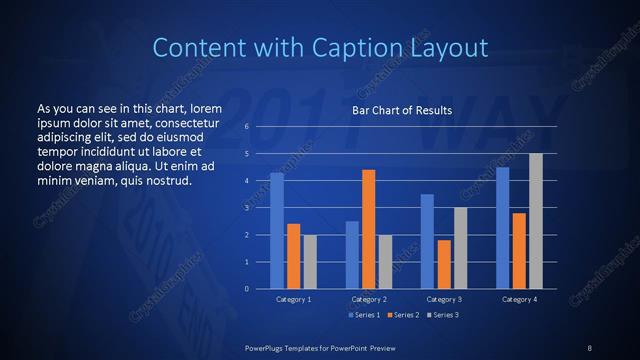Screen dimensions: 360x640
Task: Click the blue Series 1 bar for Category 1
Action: tap(277, 231)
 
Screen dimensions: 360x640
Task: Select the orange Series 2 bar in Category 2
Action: tap(369, 229)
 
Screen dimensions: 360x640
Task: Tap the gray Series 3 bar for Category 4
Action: tap(535, 221)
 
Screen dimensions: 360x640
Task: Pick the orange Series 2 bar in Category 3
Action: tap(444, 264)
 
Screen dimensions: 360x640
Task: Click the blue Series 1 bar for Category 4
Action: tap(502, 228)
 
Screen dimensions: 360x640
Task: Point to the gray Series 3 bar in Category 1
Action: tap(310, 262)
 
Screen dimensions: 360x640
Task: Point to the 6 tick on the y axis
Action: tap(246, 127)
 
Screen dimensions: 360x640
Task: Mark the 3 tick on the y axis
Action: tap(246, 208)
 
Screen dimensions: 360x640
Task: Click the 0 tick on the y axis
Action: tap(246, 289)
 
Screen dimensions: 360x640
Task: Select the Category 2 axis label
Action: tap(369, 299)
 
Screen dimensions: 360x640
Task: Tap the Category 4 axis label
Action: tap(519, 299)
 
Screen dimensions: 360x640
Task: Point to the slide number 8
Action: tap(589, 346)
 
